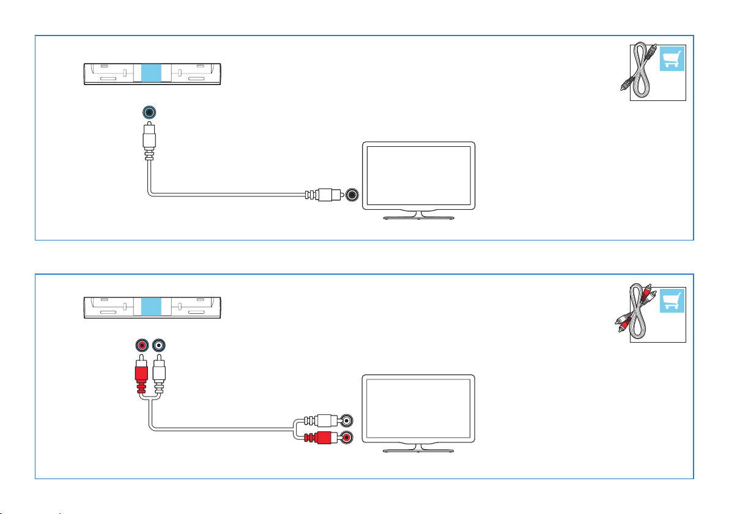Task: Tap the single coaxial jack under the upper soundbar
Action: pos(149,113)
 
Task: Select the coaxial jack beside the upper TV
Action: pos(352,195)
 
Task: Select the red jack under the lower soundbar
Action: pos(142,346)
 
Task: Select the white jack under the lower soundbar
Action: pos(159,346)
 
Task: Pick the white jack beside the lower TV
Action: pos(347,421)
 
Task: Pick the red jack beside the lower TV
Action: pos(347,438)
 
